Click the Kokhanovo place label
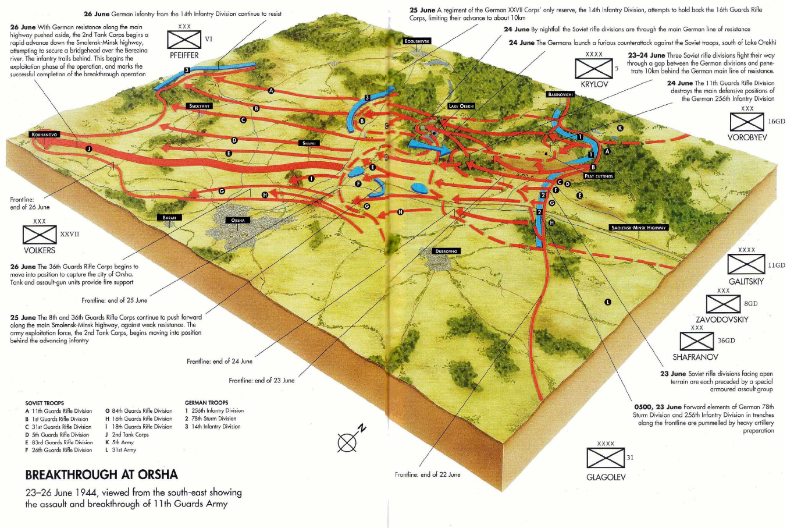tap(44, 134)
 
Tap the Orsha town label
tap(238, 220)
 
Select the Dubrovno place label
tap(447, 251)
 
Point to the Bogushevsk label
tap(418, 41)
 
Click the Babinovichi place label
tap(560, 94)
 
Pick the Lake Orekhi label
tap(461, 106)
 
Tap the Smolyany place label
tap(200, 106)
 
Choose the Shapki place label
tap(309, 143)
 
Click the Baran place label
tap(169, 218)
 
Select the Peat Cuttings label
tap(599, 176)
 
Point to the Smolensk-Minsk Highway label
tap(638, 228)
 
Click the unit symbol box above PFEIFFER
tap(184, 40)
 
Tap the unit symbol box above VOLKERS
tap(39, 235)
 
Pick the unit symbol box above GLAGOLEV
tap(606, 458)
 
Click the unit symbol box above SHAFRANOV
tap(696, 341)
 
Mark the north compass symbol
tap(348, 442)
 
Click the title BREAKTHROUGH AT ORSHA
tap(101, 474)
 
